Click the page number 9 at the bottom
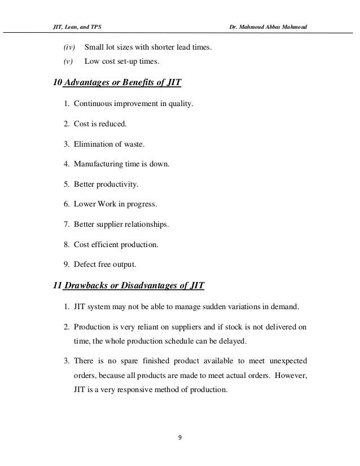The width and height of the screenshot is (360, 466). (180, 437)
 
